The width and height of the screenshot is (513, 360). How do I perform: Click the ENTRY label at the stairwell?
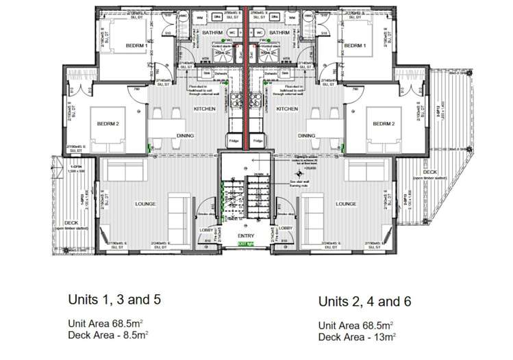coord(245,237)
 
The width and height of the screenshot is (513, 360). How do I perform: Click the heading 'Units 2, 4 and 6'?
coord(365,302)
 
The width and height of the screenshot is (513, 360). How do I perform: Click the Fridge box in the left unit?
coord(234,141)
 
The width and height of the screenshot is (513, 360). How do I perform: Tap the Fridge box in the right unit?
coord(258,141)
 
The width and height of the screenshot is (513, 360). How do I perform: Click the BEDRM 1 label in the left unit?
coord(138,46)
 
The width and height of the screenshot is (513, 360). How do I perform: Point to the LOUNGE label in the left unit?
coord(145,204)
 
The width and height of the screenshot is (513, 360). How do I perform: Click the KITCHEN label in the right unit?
coord(287,109)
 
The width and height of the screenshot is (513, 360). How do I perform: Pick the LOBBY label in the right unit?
coord(286,227)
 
